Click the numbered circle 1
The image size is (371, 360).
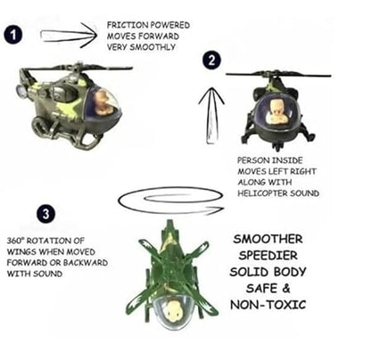point(13,35)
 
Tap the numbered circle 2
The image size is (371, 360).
point(211,61)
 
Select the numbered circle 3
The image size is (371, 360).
point(45,214)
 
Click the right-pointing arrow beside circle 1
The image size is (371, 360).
point(69,36)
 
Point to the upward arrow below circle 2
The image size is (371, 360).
point(211,115)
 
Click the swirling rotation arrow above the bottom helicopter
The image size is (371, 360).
point(170,201)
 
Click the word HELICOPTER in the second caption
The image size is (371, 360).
point(262,193)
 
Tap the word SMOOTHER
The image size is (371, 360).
point(268,239)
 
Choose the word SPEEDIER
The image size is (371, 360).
point(268,256)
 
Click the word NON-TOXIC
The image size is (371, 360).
point(268,305)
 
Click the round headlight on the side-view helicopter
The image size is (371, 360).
point(21,91)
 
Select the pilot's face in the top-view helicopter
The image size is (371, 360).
point(173,309)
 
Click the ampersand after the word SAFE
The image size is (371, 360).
point(285,289)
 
